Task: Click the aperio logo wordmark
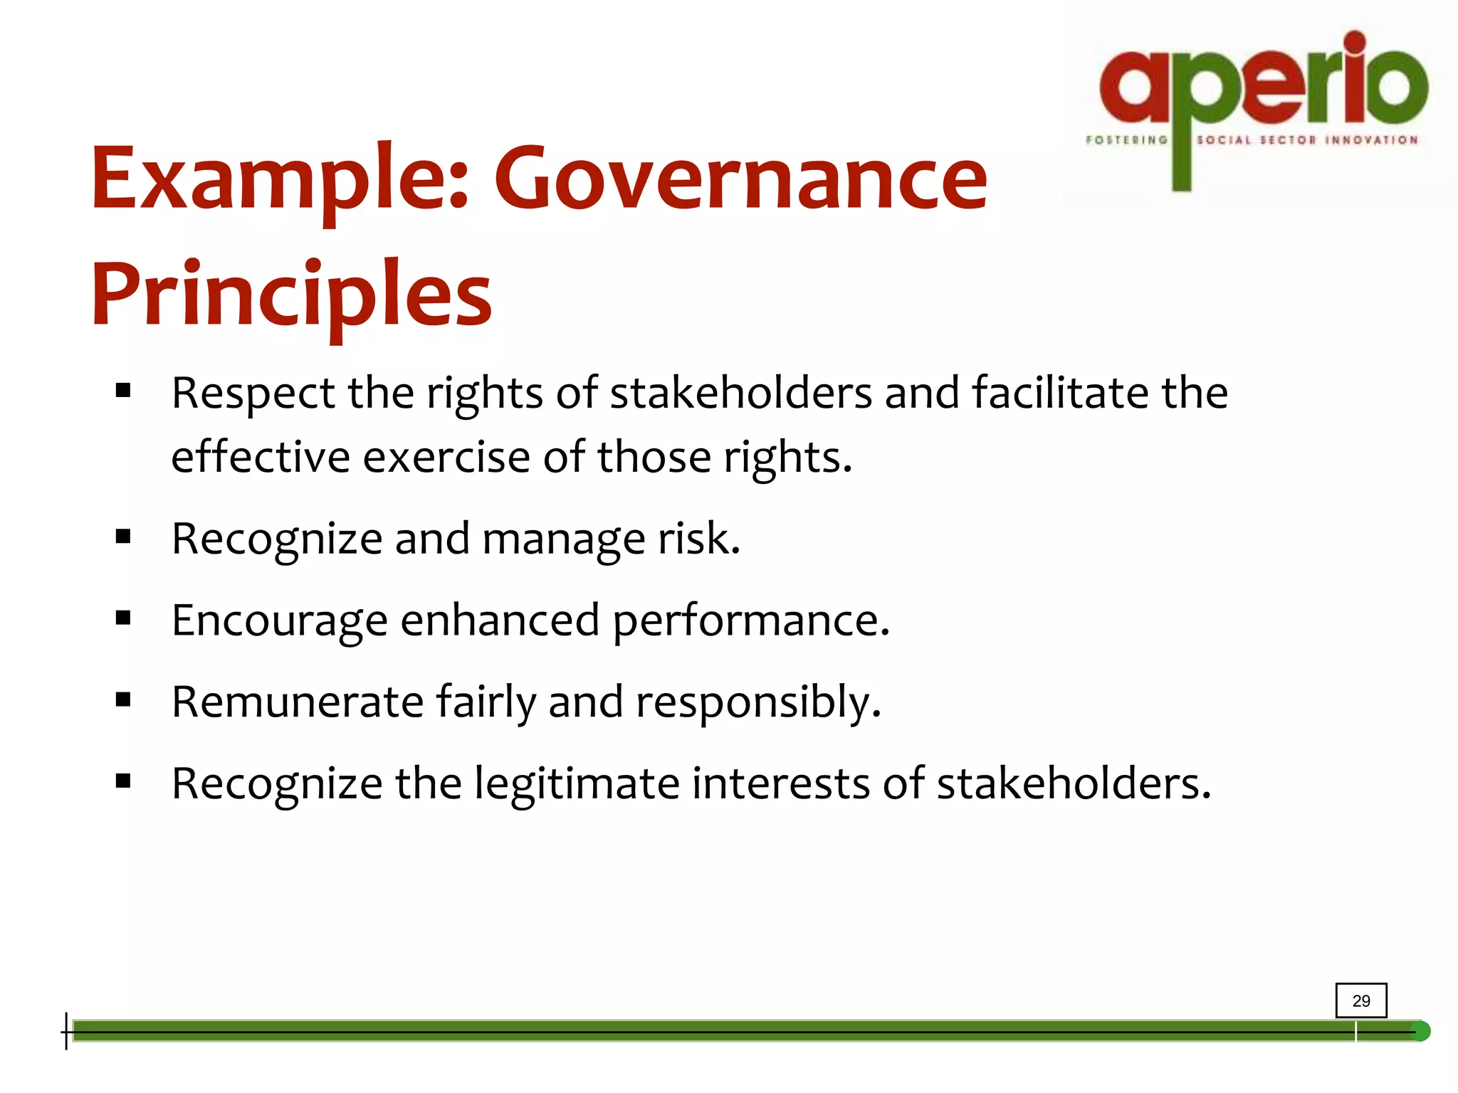tap(1264, 82)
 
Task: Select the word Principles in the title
tap(291, 295)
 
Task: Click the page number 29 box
tap(1360, 1000)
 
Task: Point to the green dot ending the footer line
tap(1420, 1031)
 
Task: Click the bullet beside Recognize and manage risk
tap(123, 537)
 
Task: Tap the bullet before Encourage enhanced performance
tap(123, 618)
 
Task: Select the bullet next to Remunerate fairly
tap(123, 700)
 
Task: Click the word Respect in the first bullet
tap(253, 394)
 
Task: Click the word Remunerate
tap(298, 702)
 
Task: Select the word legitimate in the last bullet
tap(577, 784)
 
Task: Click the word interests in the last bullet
tap(780, 783)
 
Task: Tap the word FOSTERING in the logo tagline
tap(1126, 140)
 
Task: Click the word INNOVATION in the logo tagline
tap(1371, 140)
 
